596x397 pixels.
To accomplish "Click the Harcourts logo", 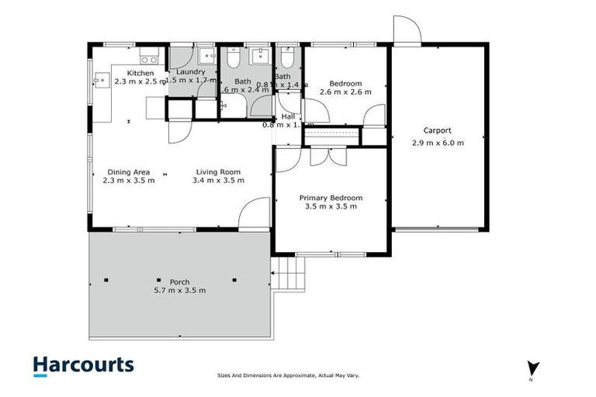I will tap(83, 365).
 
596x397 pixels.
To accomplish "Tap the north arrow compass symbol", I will tap(532, 368).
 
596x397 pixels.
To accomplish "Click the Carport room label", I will tap(437, 131).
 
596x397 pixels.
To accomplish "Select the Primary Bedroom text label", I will tap(331, 198).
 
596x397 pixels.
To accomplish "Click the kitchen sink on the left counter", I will tap(100, 78).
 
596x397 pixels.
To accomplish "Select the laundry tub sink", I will tap(206, 57).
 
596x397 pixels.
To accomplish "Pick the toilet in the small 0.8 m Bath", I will tap(286, 59).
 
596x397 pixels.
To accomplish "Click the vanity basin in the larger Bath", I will tap(259, 57).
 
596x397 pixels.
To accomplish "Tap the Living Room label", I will tap(218, 172).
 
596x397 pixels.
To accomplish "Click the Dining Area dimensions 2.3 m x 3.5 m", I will tap(129, 181).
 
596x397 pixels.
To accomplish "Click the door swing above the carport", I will tap(407, 29).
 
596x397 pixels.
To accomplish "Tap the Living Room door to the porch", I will tap(253, 213).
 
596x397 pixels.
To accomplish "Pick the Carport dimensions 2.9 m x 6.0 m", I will tap(437, 143).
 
